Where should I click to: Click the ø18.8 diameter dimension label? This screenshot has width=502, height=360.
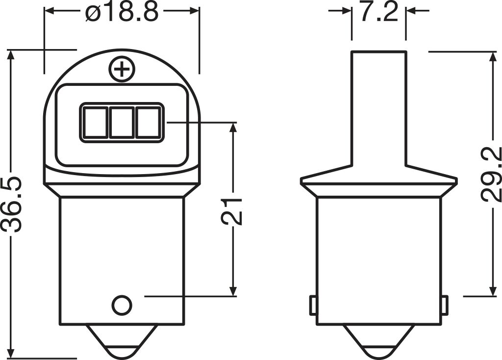[122, 12]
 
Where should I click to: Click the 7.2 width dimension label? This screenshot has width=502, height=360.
[378, 12]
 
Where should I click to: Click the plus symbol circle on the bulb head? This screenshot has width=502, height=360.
[122, 70]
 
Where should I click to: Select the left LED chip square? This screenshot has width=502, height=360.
[94, 123]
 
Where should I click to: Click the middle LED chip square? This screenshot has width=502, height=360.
[121, 123]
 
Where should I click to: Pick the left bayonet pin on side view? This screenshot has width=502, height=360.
[312, 306]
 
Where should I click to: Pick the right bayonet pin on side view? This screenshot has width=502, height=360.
[444, 306]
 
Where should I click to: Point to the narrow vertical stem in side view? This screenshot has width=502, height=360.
[378, 108]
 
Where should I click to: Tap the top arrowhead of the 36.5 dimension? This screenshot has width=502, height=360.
[12, 54]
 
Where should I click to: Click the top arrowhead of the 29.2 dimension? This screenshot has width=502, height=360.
[492, 56]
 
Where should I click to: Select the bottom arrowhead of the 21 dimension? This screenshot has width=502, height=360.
[233, 291]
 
